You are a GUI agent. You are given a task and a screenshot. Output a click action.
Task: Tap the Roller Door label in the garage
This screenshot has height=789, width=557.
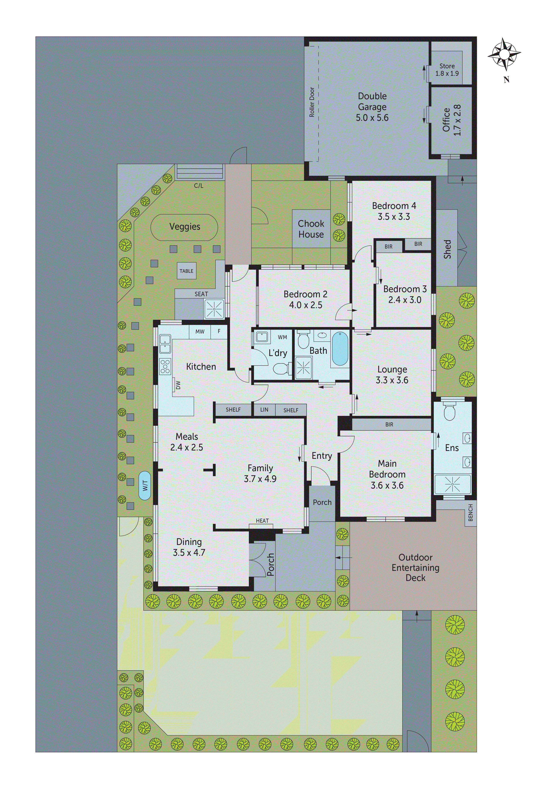[x=312, y=102]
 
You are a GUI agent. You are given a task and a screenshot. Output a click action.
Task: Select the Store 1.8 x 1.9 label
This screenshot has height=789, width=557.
[x=447, y=69]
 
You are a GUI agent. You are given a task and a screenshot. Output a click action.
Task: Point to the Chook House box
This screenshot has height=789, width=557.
[x=311, y=229]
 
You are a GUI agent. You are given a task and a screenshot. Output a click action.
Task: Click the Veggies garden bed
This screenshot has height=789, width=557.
[x=184, y=227]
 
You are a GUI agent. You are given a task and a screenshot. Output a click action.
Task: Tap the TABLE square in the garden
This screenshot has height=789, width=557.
[x=186, y=271]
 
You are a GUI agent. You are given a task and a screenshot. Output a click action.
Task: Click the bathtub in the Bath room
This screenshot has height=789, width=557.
[x=340, y=348]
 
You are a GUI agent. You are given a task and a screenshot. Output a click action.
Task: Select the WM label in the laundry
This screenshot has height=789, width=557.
[x=283, y=337]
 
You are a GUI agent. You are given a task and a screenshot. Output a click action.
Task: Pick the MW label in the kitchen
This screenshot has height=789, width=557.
[x=200, y=332]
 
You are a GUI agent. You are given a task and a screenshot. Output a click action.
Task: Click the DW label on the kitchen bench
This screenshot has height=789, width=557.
[x=178, y=385]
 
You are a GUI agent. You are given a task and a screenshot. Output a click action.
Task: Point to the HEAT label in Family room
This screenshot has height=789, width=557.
[x=262, y=521]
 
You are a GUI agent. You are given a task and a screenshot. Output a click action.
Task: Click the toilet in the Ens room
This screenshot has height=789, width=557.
[x=449, y=411]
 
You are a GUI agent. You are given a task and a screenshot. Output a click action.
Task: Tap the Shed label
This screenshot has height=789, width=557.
[x=447, y=249]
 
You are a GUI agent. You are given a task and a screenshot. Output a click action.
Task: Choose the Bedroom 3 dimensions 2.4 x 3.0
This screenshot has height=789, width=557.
[x=405, y=300]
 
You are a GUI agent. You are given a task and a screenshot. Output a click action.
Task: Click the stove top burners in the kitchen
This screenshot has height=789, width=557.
[x=165, y=366]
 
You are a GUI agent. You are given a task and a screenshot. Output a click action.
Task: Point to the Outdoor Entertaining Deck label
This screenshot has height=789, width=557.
[x=415, y=567]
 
